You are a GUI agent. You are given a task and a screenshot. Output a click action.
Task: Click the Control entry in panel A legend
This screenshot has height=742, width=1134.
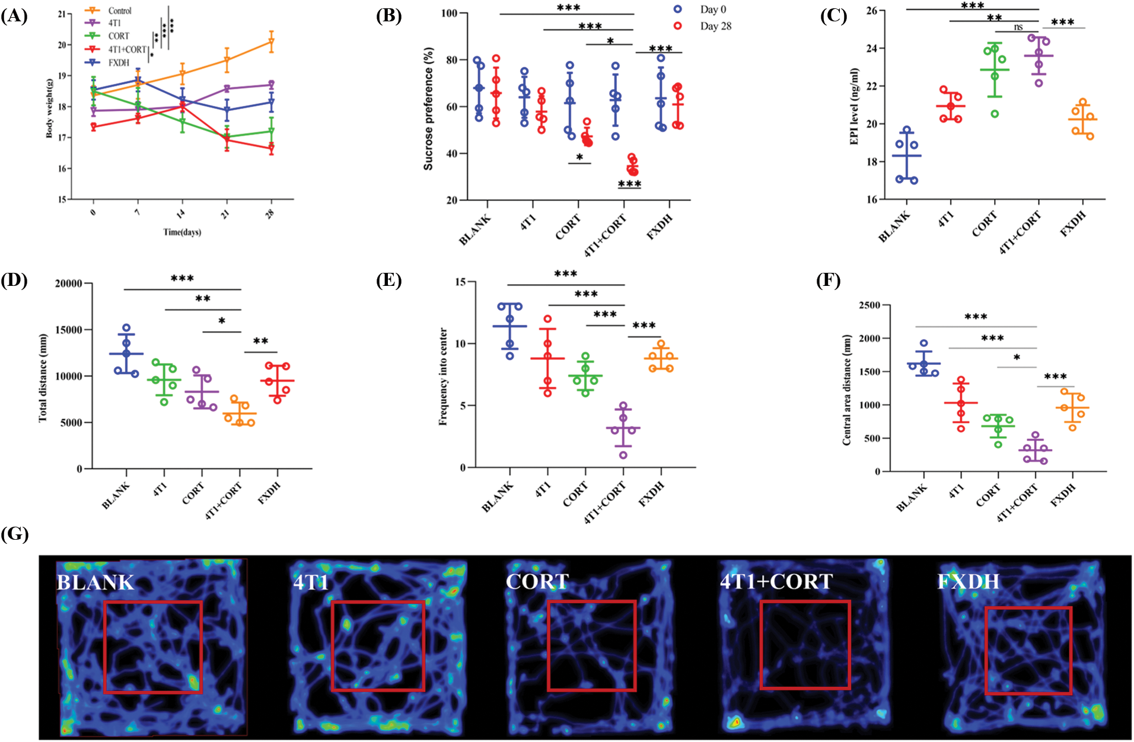coord(119,11)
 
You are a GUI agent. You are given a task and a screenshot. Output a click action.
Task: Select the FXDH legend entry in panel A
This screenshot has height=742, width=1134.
coord(119,62)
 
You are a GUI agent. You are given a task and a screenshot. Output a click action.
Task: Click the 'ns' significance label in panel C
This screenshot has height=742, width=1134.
coord(1018,27)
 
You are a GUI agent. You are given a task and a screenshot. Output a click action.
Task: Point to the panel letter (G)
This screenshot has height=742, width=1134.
coord(15,533)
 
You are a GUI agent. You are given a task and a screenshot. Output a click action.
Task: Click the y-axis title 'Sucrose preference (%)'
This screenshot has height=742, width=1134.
coord(428,109)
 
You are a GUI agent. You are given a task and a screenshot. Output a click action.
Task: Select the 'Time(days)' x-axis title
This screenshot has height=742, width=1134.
coord(182,232)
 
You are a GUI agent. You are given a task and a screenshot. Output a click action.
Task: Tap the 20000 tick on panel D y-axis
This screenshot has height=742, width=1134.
coord(69,284)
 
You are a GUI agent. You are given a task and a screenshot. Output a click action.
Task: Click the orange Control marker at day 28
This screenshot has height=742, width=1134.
coord(271,42)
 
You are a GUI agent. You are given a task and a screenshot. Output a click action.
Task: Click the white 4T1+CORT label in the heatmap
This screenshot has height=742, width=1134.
coord(776,581)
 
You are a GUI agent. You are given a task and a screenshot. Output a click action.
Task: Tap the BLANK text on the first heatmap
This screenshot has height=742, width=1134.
coord(95,582)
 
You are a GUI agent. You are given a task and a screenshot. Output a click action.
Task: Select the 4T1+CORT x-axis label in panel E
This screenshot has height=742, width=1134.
coord(605,502)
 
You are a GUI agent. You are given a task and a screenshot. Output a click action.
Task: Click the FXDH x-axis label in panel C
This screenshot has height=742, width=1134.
coord(1073,224)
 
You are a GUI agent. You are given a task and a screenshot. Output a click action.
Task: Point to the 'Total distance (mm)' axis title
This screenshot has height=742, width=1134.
coord(43,378)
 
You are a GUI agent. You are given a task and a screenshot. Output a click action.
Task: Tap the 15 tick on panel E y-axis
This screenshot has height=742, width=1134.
coord(460,282)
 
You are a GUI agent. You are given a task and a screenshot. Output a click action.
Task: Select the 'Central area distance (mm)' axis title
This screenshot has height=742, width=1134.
coord(847,390)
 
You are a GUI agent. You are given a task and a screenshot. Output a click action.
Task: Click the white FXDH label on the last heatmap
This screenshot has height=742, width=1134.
coord(968,581)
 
